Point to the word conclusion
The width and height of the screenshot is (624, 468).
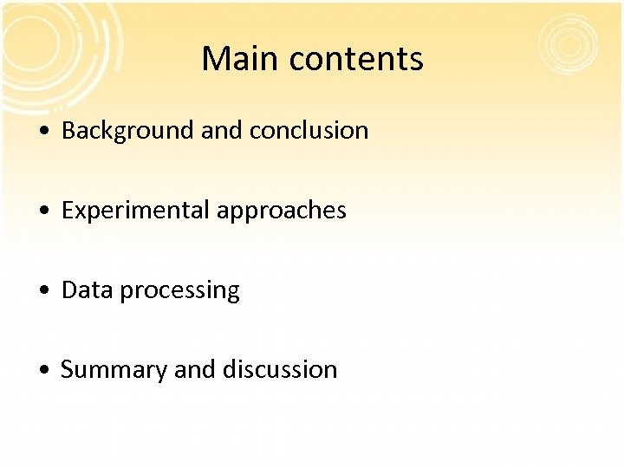pyautogui.click(x=309, y=131)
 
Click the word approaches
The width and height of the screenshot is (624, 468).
pyautogui.click(x=282, y=211)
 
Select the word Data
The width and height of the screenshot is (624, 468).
pyautogui.click(x=88, y=290)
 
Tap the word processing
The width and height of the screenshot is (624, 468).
pyautogui.click(x=179, y=291)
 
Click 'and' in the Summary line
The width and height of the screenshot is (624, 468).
pyautogui.click(x=195, y=370)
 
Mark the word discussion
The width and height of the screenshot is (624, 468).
pyautogui.click(x=280, y=370)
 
